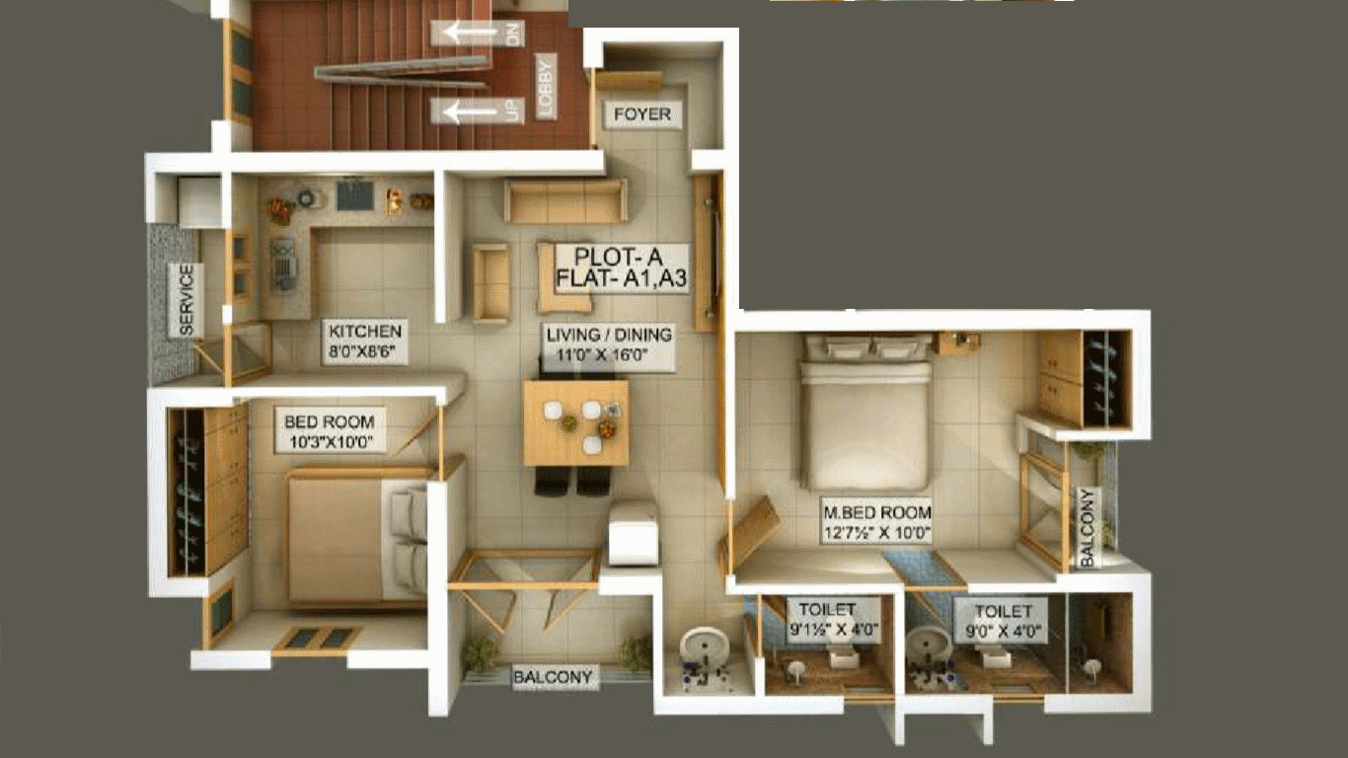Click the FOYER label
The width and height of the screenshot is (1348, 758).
642,114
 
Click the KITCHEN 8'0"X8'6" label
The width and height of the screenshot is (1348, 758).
365,341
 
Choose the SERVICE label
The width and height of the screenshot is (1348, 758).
187,300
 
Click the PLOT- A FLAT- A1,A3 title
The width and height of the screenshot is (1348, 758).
620,267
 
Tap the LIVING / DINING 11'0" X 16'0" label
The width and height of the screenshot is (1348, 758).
608,344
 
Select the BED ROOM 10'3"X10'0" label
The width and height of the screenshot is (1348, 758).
330,431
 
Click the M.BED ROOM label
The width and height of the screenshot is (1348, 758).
877,522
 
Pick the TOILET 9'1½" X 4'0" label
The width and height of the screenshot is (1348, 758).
834,620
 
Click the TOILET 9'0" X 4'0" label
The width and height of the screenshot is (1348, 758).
1003,621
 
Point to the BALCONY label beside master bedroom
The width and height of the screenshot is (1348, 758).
1088,528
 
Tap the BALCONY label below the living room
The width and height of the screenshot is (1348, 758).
553,677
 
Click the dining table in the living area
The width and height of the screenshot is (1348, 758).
576,422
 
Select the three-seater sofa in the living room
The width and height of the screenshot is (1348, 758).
565,200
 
